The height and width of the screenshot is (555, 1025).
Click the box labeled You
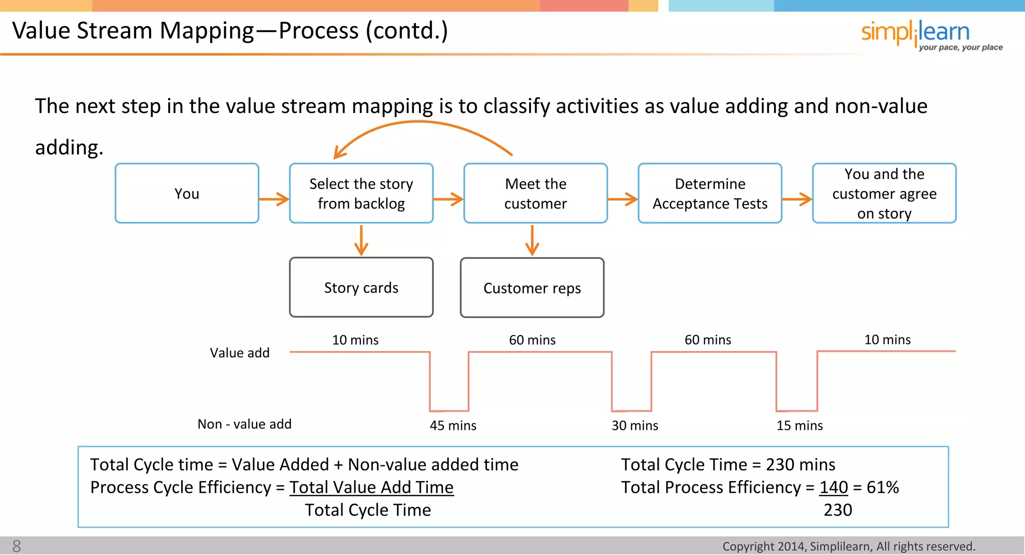click(x=187, y=193)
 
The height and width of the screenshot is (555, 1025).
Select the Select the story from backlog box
click(x=361, y=193)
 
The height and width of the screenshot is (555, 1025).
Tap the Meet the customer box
click(x=535, y=193)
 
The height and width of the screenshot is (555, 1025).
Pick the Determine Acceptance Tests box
click(x=710, y=193)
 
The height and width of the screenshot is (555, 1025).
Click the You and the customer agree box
click(x=884, y=193)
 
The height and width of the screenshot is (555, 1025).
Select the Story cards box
click(x=361, y=287)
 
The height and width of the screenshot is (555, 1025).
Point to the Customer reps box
click(x=532, y=288)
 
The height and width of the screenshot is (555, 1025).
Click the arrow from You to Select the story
click(x=274, y=199)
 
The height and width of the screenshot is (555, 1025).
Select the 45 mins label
click(x=453, y=425)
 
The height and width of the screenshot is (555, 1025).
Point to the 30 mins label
click(x=635, y=425)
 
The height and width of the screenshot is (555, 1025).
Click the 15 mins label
click(x=799, y=425)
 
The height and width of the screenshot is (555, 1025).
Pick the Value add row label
click(x=239, y=353)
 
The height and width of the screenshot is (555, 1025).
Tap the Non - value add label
click(x=244, y=424)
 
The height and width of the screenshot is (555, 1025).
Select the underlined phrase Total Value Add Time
click(x=371, y=487)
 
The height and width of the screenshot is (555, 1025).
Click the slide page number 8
click(x=17, y=546)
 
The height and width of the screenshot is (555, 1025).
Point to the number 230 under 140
click(x=837, y=510)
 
